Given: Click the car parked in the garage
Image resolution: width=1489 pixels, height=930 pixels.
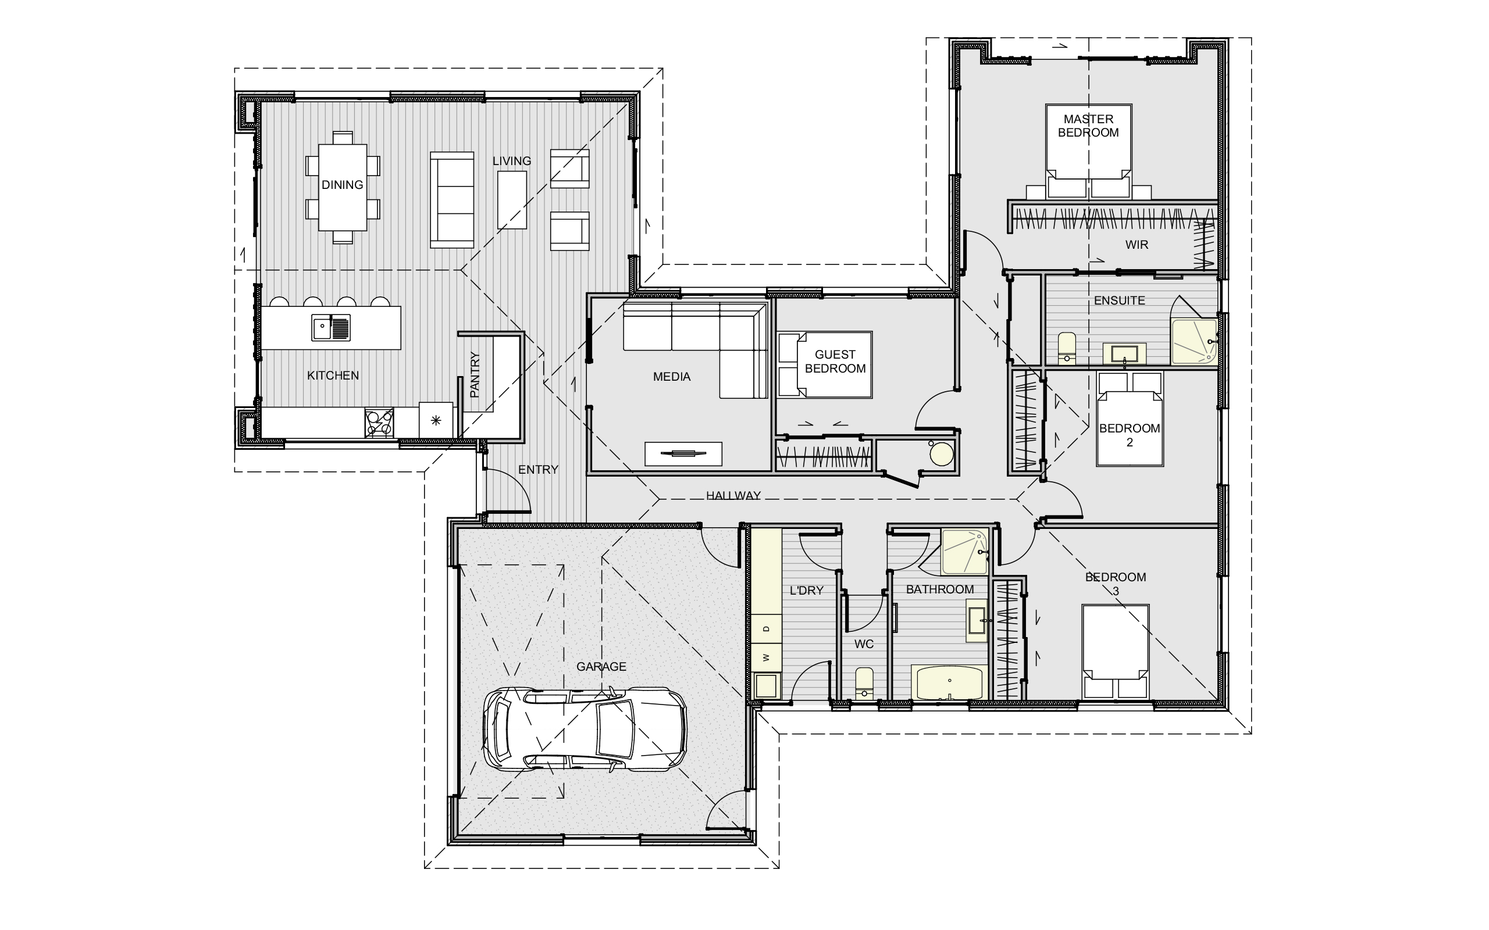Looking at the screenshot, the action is tap(585, 729).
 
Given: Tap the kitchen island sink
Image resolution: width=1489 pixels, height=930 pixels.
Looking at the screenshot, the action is tap(330, 327).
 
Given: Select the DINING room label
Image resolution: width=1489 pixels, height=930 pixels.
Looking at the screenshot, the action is tap(342, 184).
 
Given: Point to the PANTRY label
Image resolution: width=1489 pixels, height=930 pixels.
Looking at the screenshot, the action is tap(475, 374).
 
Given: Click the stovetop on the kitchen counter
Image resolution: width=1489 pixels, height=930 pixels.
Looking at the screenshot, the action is tap(379, 423).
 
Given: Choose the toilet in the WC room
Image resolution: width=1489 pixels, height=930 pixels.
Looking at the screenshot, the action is tap(864, 683).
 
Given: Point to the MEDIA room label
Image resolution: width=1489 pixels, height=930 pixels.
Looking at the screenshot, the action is tap(671, 377).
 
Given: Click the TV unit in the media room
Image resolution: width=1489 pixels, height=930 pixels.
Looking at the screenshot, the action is tap(683, 454).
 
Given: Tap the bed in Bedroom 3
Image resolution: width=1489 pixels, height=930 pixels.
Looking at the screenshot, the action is tap(1116, 652).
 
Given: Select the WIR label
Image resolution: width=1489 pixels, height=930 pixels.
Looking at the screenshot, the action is tap(1137, 245).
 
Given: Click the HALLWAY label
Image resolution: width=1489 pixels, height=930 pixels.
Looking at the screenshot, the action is tap(733, 495).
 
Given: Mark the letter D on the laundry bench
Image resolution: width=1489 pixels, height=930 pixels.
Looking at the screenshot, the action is tap(766, 628).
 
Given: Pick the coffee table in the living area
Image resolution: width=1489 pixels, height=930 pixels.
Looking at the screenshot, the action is tap(512, 200).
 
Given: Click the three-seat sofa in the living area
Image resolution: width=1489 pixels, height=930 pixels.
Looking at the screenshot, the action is tap(451, 200).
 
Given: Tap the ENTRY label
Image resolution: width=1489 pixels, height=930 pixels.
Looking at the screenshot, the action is tap(538, 469).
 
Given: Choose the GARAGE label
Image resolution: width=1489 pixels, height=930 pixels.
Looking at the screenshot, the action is tap(601, 666).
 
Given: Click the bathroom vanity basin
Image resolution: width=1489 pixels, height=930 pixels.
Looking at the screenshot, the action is tap(977, 621).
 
